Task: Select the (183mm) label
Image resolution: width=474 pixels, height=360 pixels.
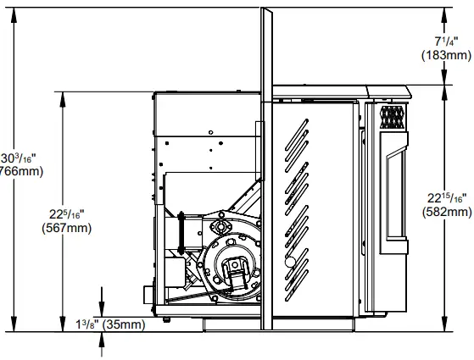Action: coord(446,55)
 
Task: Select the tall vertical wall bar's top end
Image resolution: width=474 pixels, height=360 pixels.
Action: coord(266,11)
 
